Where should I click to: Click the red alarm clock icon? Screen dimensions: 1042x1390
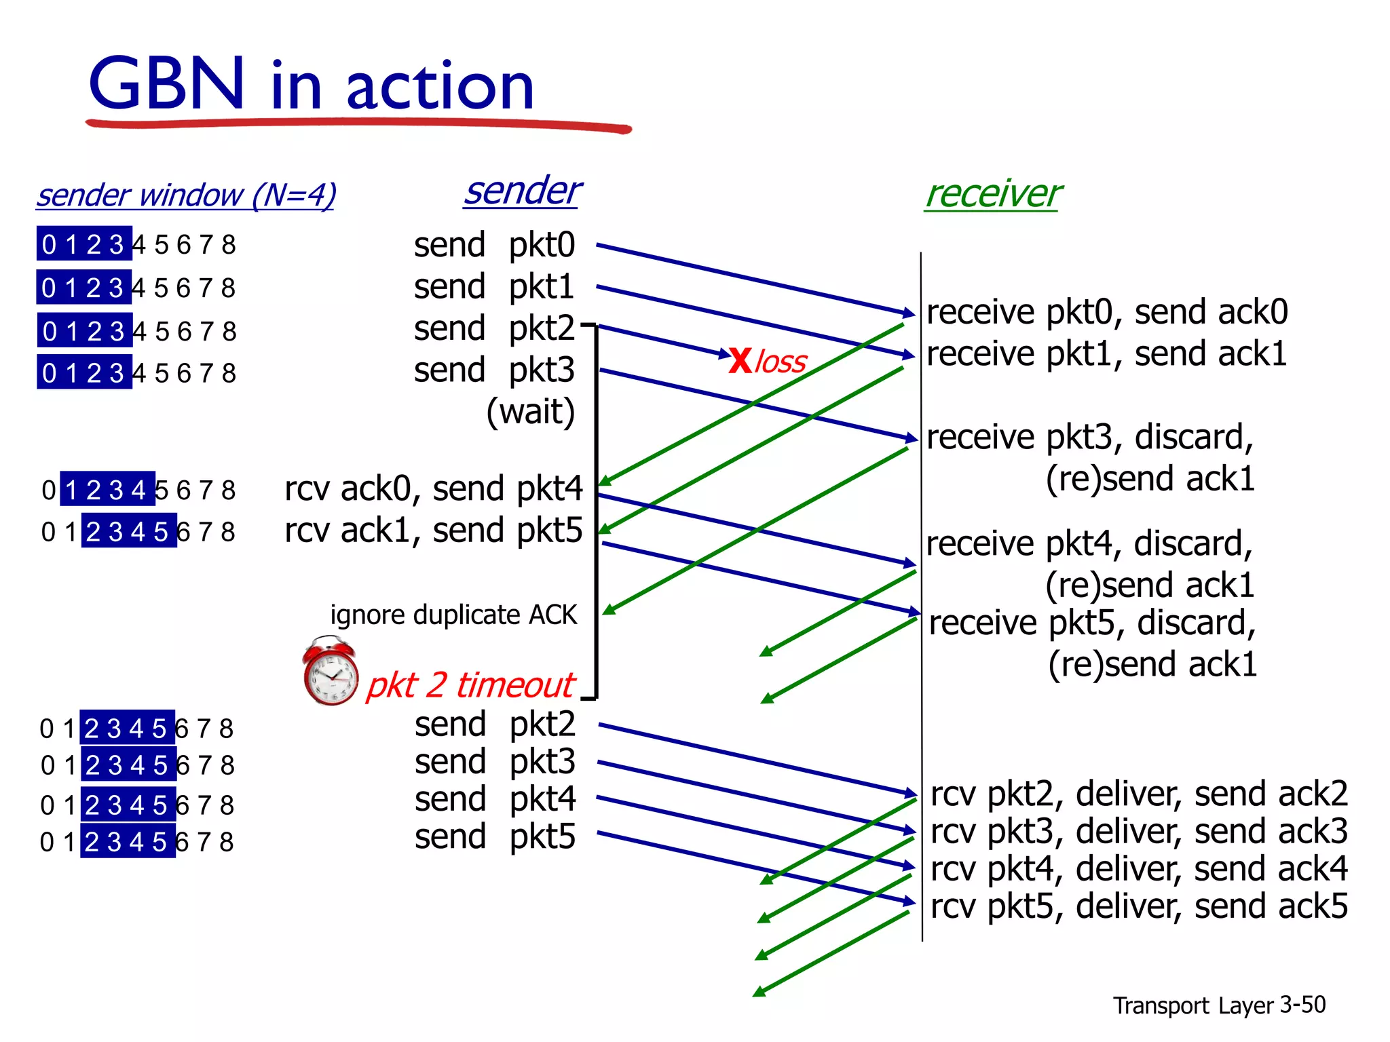tap(331, 672)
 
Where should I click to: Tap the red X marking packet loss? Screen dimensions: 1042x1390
tap(740, 360)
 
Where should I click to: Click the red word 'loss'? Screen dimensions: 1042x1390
tap(781, 362)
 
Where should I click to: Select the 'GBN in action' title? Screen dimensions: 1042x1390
tap(312, 84)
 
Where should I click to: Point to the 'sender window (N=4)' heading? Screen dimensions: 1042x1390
tap(186, 195)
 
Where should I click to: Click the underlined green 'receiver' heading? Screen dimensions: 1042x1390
tap(993, 194)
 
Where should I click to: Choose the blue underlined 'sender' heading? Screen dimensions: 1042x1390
tap(522, 191)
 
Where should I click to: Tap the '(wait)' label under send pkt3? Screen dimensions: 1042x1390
tap(530, 412)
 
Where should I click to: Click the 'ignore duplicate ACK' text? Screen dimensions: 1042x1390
tap(453, 615)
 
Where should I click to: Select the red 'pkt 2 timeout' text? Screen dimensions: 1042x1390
tap(470, 684)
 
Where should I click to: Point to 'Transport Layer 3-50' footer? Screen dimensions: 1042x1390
tap(1219, 1005)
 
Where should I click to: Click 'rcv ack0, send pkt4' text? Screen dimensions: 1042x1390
tap(433, 488)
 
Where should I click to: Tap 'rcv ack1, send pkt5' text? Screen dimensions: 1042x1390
tap(433, 530)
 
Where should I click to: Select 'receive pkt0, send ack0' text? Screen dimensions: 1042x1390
tap(1107, 312)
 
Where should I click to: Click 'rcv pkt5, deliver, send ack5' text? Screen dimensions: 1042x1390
tap(1139, 906)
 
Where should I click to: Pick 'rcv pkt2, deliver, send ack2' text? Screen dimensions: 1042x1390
tap(1139, 794)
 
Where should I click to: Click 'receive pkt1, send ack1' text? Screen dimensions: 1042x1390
tap(1106, 354)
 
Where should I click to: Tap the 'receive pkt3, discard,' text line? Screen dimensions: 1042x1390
tap(1090, 437)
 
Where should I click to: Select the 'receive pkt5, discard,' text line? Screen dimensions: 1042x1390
tap(1092, 623)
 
